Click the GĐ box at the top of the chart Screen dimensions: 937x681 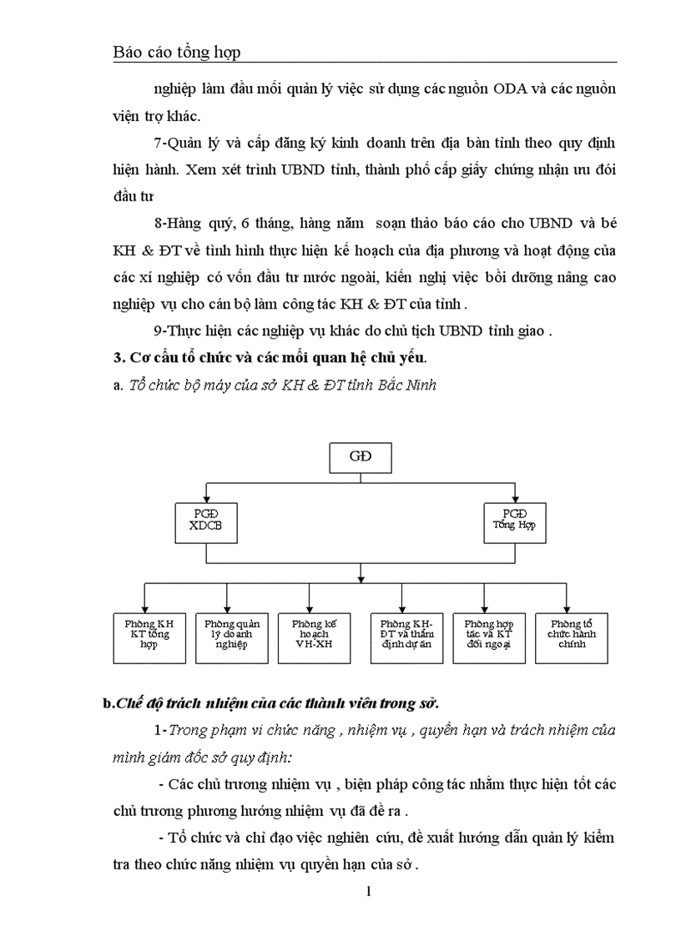click(x=360, y=457)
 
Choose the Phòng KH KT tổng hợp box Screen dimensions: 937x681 click(x=149, y=638)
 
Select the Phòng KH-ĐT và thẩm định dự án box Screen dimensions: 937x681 click(x=406, y=638)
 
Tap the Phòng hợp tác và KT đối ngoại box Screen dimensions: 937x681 click(x=489, y=638)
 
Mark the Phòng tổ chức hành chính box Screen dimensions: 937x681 click(x=572, y=638)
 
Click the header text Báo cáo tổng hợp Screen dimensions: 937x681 click(x=176, y=53)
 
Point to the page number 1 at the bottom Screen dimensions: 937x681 click(x=368, y=891)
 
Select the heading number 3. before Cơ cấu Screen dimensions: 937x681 click(x=118, y=358)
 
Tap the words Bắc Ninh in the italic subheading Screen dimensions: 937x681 click(x=408, y=385)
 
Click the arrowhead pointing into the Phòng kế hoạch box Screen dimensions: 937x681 click(x=310, y=609)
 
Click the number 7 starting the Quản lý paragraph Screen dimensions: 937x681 click(x=158, y=143)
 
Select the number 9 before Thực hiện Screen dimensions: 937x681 click(x=158, y=331)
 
